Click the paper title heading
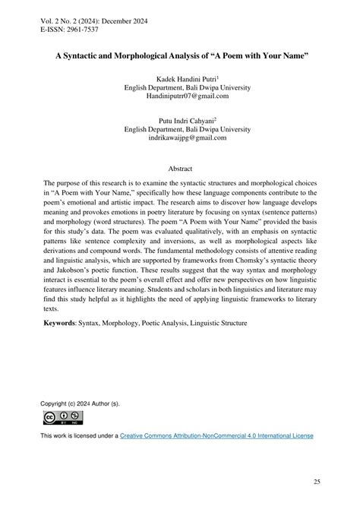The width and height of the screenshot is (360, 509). [180, 55]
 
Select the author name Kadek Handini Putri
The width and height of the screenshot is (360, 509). [179, 79]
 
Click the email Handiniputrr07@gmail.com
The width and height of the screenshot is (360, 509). [179, 97]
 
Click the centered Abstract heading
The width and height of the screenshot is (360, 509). [180, 169]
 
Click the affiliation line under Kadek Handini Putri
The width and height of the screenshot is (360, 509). [179, 88]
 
